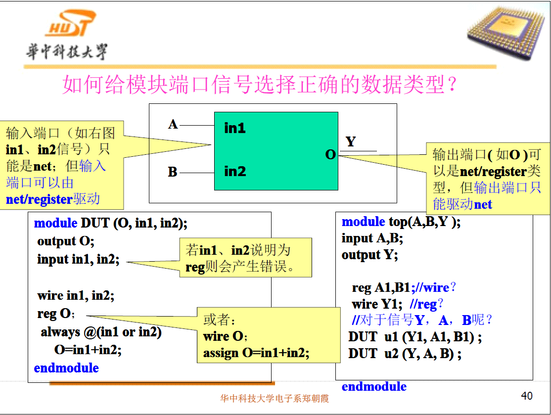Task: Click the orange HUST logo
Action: (71, 23)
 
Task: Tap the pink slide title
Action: (260, 85)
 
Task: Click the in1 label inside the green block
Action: (235, 128)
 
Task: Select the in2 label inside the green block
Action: (235, 172)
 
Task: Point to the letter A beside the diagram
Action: (173, 124)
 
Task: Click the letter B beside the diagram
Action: (173, 172)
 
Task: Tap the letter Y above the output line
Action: (351, 141)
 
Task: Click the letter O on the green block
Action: (330, 155)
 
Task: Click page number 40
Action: (526, 396)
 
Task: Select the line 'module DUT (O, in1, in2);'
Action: (111, 223)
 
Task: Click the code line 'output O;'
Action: (66, 241)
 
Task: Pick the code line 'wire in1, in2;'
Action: (76, 295)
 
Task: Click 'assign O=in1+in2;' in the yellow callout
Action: (256, 353)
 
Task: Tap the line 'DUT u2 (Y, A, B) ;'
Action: (405, 354)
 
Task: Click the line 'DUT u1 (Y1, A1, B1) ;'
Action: (415, 337)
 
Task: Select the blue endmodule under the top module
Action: (374, 386)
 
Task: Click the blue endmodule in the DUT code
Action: (66, 368)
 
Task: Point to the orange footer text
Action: (275, 398)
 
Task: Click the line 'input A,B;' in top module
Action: (372, 238)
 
